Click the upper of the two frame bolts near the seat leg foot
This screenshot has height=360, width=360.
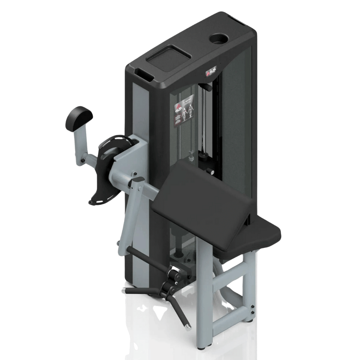(252, 307)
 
